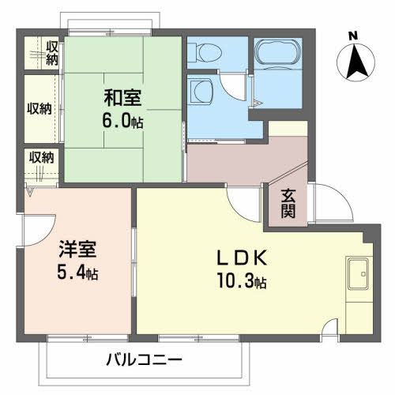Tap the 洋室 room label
(x=77, y=250)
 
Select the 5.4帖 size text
(x=77, y=273)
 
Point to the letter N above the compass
(x=353, y=36)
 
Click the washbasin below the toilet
(x=201, y=92)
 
